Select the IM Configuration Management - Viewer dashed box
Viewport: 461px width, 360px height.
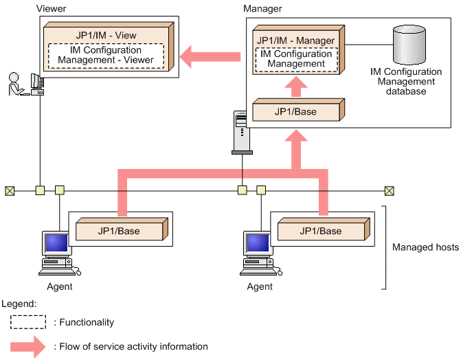coord(106,55)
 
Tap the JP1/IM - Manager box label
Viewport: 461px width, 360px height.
coord(295,41)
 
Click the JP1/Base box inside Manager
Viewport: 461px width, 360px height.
coord(296,112)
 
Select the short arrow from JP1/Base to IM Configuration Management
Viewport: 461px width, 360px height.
coord(295,87)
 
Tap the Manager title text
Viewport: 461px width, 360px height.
coord(263,8)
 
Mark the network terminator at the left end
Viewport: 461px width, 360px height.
coord(10,190)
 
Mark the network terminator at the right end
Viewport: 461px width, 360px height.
coord(389,190)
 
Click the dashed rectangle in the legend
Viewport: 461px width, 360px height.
coord(27,322)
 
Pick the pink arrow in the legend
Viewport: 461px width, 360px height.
coord(27,347)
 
